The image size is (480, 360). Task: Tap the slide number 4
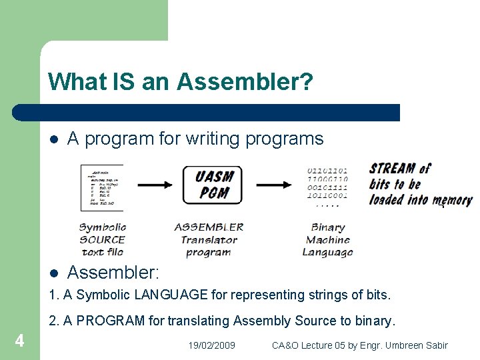[20, 341]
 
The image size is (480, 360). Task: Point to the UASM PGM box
[213, 185]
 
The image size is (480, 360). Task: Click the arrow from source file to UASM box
[152, 185]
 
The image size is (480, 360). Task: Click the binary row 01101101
[328, 170]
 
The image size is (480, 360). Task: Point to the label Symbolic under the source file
[102, 227]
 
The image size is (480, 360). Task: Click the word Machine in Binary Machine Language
[328, 240]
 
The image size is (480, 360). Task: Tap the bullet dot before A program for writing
[54, 139]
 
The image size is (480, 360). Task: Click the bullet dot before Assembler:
[54, 273]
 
